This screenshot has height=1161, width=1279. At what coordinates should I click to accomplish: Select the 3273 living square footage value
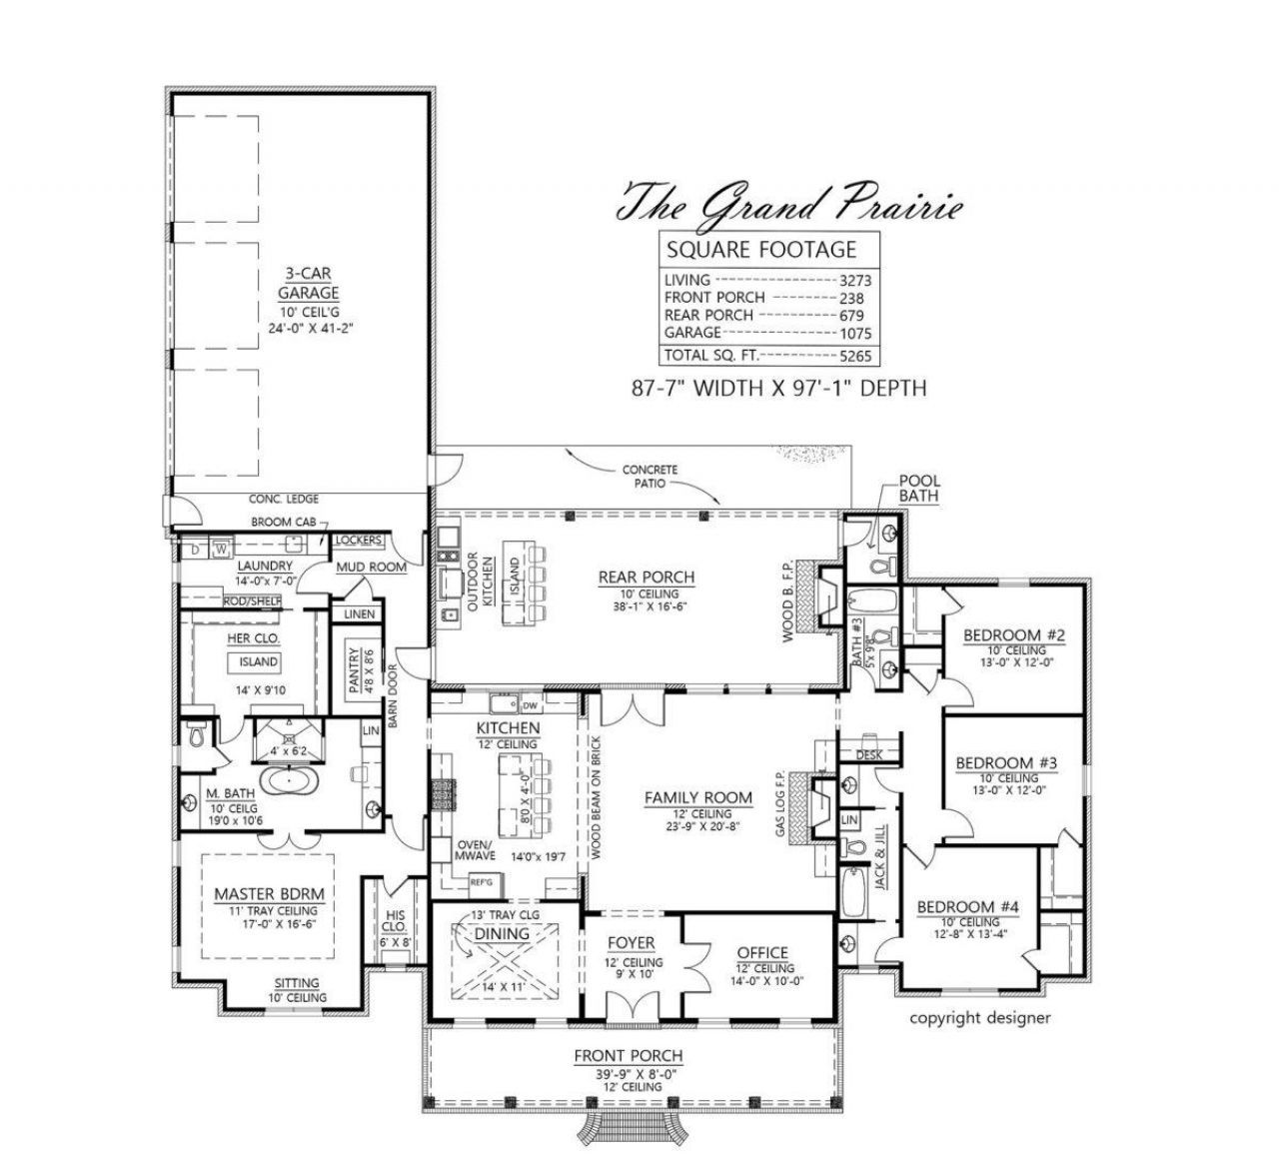point(855,281)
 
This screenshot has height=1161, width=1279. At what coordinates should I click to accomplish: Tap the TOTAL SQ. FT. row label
point(709,355)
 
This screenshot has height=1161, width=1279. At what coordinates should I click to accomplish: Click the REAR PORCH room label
point(645,577)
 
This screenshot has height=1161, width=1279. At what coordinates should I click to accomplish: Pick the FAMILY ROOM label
point(697,797)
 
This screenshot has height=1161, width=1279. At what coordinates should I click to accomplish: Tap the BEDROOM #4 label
point(967,907)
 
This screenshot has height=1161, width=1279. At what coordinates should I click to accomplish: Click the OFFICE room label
point(762,953)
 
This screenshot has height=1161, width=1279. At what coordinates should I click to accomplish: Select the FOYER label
point(632,942)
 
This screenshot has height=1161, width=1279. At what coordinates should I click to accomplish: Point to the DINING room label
point(502,933)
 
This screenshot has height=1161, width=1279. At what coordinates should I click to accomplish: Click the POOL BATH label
point(919,488)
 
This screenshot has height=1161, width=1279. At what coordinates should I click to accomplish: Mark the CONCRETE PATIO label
point(649,476)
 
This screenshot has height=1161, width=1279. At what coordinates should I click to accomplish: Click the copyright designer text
point(979,1018)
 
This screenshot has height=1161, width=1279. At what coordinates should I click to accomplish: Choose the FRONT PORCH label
point(629,1056)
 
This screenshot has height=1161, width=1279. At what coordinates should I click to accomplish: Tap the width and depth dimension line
point(778,388)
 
